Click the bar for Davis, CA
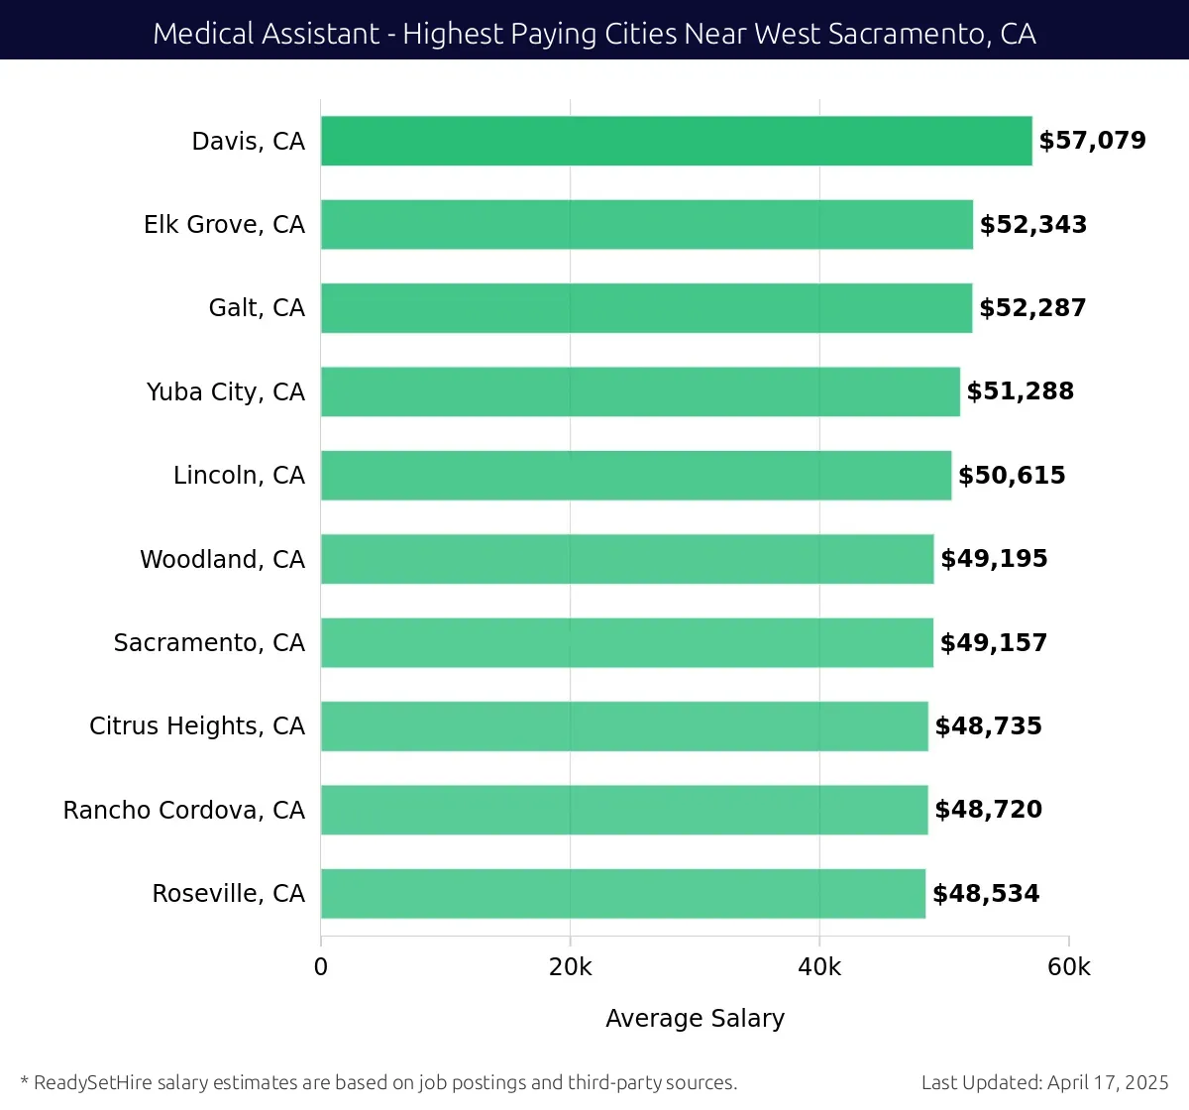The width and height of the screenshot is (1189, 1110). (x=676, y=141)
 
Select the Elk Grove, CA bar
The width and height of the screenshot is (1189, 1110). (x=646, y=224)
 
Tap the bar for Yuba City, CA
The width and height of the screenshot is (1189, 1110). (x=640, y=391)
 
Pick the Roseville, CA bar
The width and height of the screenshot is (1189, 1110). (x=622, y=893)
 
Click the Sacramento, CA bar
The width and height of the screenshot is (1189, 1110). (x=626, y=642)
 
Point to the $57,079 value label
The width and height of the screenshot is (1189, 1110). (x=1092, y=141)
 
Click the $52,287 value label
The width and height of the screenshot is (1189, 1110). (x=1032, y=308)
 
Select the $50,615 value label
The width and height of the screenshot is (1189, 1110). (x=1012, y=476)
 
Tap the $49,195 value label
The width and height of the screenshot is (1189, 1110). (x=994, y=559)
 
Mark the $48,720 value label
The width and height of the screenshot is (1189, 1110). (x=988, y=810)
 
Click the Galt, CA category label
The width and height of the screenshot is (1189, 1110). (x=257, y=308)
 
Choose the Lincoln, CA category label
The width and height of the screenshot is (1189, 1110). (x=239, y=476)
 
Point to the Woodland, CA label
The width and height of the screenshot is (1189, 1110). (x=222, y=559)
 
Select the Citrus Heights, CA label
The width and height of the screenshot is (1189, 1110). (x=197, y=726)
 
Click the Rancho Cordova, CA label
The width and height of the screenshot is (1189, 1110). (x=184, y=810)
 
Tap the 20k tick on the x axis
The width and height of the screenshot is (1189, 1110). (x=570, y=967)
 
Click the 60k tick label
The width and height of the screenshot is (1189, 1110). (x=1068, y=967)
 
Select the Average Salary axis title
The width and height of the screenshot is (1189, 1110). (x=695, y=1019)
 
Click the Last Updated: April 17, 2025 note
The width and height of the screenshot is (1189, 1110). (x=1044, y=1082)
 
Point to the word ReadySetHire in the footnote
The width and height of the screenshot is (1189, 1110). (x=93, y=1082)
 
